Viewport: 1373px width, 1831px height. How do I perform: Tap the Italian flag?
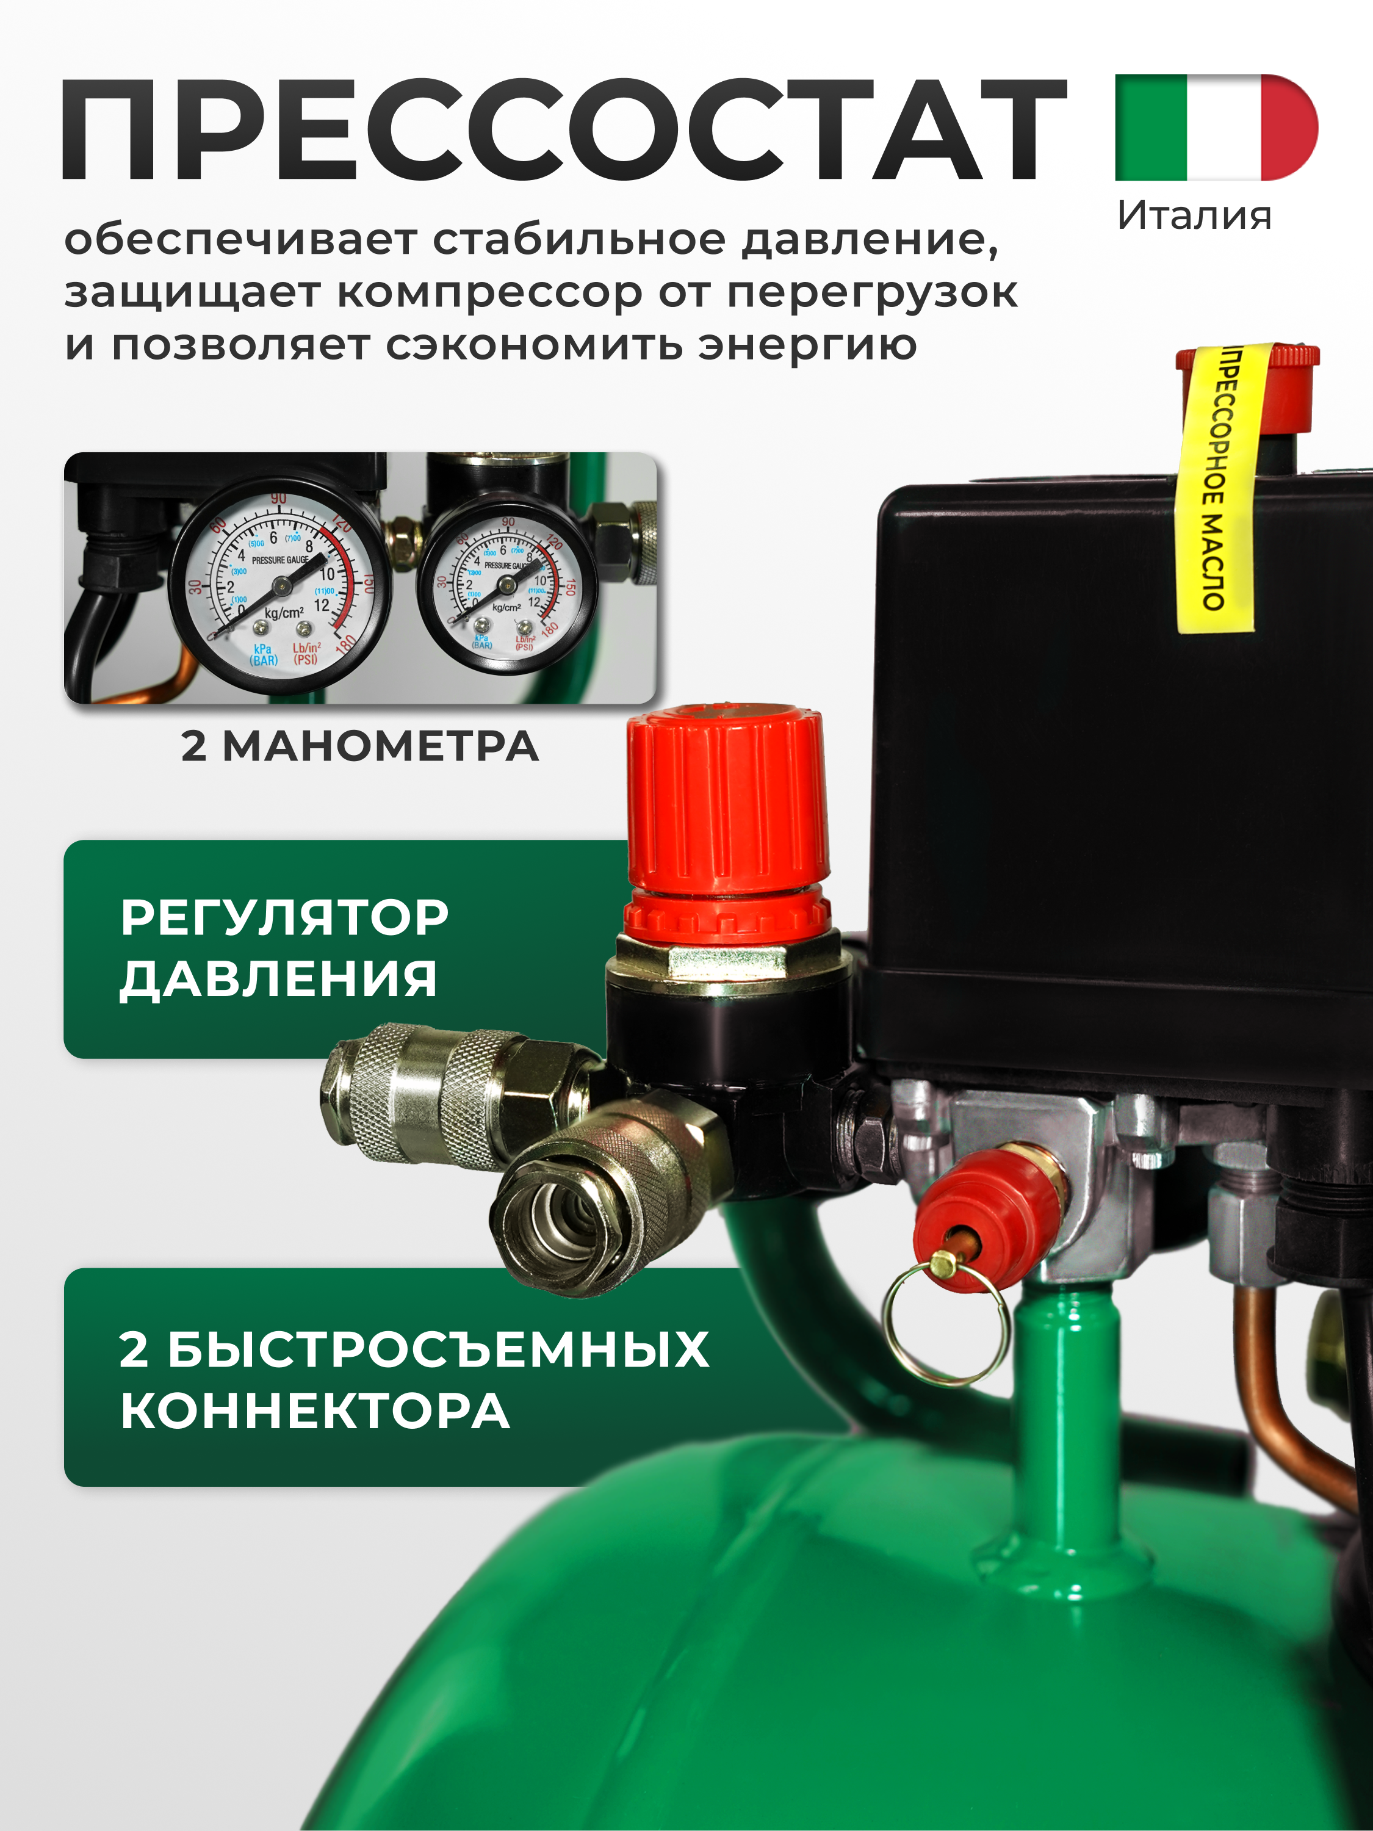[1216, 128]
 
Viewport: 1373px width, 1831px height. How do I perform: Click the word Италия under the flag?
[1194, 216]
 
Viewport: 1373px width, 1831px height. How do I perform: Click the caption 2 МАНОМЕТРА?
[360, 746]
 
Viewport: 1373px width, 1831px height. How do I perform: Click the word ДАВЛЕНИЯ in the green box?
[278, 979]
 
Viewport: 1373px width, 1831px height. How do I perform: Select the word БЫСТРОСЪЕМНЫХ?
[439, 1350]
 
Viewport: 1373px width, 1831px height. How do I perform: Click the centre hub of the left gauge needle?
[281, 586]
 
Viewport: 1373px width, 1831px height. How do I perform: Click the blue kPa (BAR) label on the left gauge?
[264, 655]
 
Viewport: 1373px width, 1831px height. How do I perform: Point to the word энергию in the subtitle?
[807, 345]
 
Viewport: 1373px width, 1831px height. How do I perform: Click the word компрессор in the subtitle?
[489, 293]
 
